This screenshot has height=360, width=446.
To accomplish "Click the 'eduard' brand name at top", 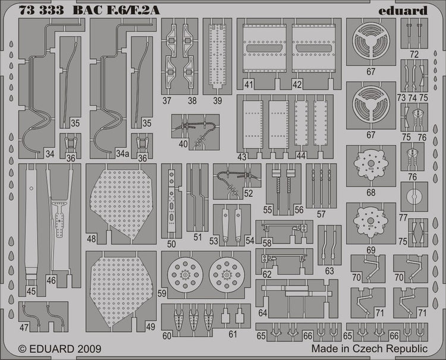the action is (403, 11).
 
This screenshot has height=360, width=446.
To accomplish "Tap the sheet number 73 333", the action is (41, 10).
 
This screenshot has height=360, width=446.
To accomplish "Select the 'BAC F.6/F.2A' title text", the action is (117, 10).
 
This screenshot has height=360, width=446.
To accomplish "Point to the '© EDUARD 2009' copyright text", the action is (59, 349).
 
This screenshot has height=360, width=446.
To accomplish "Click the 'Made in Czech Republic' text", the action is (369, 348).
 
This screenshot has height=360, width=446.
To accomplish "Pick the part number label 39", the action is (218, 100).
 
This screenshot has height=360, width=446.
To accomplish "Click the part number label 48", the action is (92, 239).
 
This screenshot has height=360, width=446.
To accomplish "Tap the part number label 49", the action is (150, 327).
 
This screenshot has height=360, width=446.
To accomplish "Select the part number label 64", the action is (262, 313).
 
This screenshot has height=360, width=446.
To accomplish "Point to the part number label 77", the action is (403, 218).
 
